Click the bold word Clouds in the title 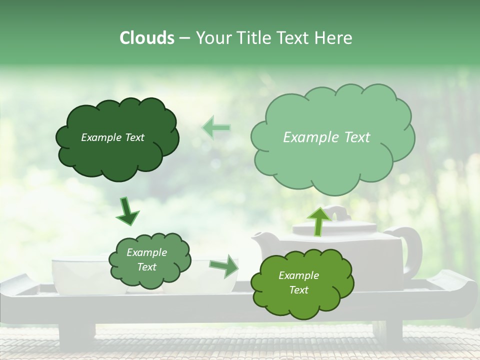[147, 38]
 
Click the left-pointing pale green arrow [216, 127]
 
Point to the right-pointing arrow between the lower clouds [224, 265]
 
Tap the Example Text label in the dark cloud [112, 137]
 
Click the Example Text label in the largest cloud [326, 137]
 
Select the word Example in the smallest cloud [146, 252]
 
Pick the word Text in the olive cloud [298, 290]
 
